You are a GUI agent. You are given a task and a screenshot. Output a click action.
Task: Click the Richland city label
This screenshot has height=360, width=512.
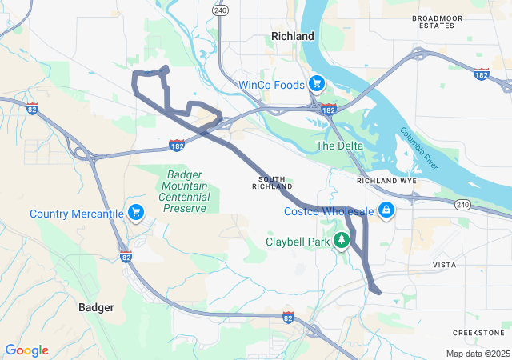tap(293, 36)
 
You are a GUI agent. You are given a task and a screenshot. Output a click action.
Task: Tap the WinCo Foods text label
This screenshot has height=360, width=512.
tap(271, 84)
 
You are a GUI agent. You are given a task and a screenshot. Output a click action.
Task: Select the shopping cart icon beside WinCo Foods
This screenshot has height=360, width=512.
tap(317, 82)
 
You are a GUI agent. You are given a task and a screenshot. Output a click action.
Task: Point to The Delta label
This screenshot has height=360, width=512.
tap(339, 146)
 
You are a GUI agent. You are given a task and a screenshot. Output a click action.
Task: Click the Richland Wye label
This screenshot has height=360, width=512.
tap(386, 181)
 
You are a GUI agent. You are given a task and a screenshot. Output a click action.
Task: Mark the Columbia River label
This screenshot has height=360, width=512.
tap(420, 147)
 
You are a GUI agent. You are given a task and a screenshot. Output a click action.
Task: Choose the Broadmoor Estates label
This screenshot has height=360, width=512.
tap(438, 22)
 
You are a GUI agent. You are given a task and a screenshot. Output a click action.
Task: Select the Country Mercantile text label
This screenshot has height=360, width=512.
tap(77, 214)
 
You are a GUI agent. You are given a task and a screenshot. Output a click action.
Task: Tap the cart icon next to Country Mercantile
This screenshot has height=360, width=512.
tap(136, 212)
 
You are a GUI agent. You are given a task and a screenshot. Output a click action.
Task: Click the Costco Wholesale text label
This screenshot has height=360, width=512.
tap(329, 211)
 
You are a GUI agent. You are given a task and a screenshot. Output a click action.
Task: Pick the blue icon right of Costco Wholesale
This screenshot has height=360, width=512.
tap(386, 210)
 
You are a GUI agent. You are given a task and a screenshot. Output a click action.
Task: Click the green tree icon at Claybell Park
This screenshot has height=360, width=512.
tap(342, 240)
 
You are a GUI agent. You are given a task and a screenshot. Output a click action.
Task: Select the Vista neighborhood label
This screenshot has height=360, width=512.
tap(444, 264)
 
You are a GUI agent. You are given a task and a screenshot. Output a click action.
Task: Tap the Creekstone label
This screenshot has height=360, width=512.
tap(478, 332)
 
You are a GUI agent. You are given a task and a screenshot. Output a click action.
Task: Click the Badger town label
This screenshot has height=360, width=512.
tap(96, 307)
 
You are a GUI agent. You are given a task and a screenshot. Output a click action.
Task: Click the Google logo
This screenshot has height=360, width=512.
tap(27, 350)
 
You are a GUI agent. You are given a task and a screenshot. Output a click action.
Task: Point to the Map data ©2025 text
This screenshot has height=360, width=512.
tap(477, 354)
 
